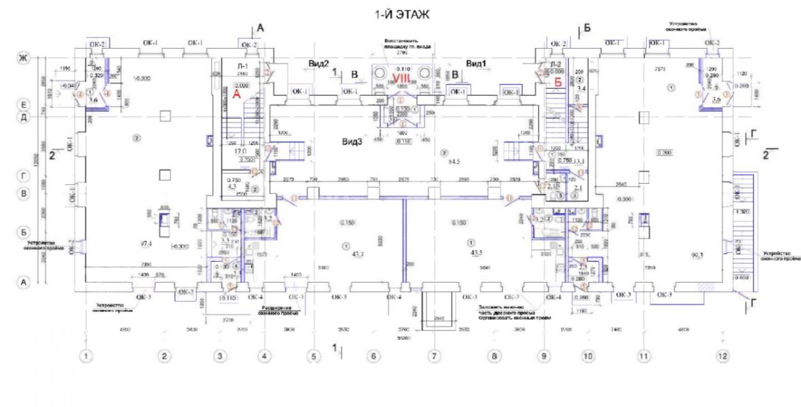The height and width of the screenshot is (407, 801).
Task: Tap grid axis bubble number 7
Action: click(434, 355)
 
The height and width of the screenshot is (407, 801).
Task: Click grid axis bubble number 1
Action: click(86, 355)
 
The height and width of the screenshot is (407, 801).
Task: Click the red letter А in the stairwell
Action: click(237, 95)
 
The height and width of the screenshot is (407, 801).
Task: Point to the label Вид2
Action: click(319, 63)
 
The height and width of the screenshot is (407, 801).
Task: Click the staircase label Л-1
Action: click(241, 65)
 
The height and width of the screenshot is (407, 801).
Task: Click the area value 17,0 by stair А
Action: click(239, 150)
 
